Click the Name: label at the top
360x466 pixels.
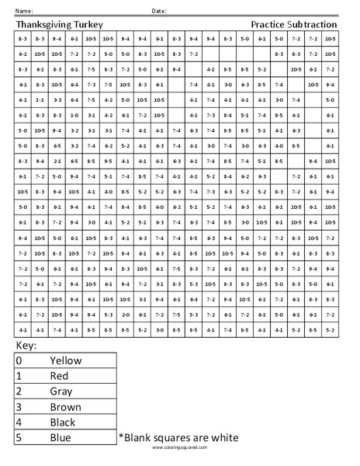pos(24,11)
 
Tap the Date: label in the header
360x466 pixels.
pos(159,11)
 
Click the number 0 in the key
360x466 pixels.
pos(19,361)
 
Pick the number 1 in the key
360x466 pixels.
pos(19,377)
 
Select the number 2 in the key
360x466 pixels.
pos(19,392)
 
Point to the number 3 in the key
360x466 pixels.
pos(19,407)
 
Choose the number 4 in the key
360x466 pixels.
pos(19,423)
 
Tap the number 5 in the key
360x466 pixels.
pos(19,438)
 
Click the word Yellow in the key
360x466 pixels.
pos(66,361)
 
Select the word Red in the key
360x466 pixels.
pos(60,377)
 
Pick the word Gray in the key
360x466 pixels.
pos(61,392)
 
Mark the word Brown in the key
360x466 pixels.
pos(65,407)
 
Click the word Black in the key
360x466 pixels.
pos(64,423)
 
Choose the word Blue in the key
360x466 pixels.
pos(61,438)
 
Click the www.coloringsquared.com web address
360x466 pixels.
pos(179,448)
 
